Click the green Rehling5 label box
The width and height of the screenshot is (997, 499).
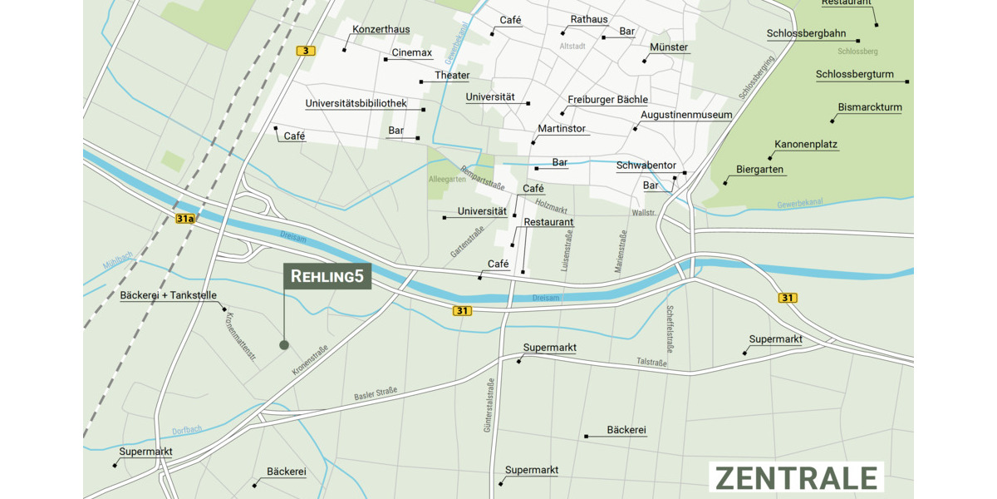click(327, 277)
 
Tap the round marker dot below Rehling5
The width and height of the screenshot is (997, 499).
click(284, 344)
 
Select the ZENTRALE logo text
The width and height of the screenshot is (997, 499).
click(796, 478)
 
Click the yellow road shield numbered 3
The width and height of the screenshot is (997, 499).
click(306, 52)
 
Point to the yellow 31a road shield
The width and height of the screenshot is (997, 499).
click(184, 219)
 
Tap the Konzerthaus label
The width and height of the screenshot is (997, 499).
click(381, 30)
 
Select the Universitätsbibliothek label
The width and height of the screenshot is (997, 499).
click(356, 104)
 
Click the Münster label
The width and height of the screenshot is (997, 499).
click(669, 47)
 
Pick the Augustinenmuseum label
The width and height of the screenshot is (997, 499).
click(686, 115)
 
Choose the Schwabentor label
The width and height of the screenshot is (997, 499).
click(646, 166)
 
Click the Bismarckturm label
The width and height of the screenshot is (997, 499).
click(870, 107)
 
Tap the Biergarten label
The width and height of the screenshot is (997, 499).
click(759, 170)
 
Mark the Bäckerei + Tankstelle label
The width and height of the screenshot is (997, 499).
click(169, 295)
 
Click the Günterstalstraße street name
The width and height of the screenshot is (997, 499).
click(489, 405)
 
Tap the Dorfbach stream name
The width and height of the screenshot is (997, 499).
click(187, 430)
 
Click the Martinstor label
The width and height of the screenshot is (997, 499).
click(562, 129)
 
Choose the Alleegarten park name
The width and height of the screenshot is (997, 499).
click(447, 179)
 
